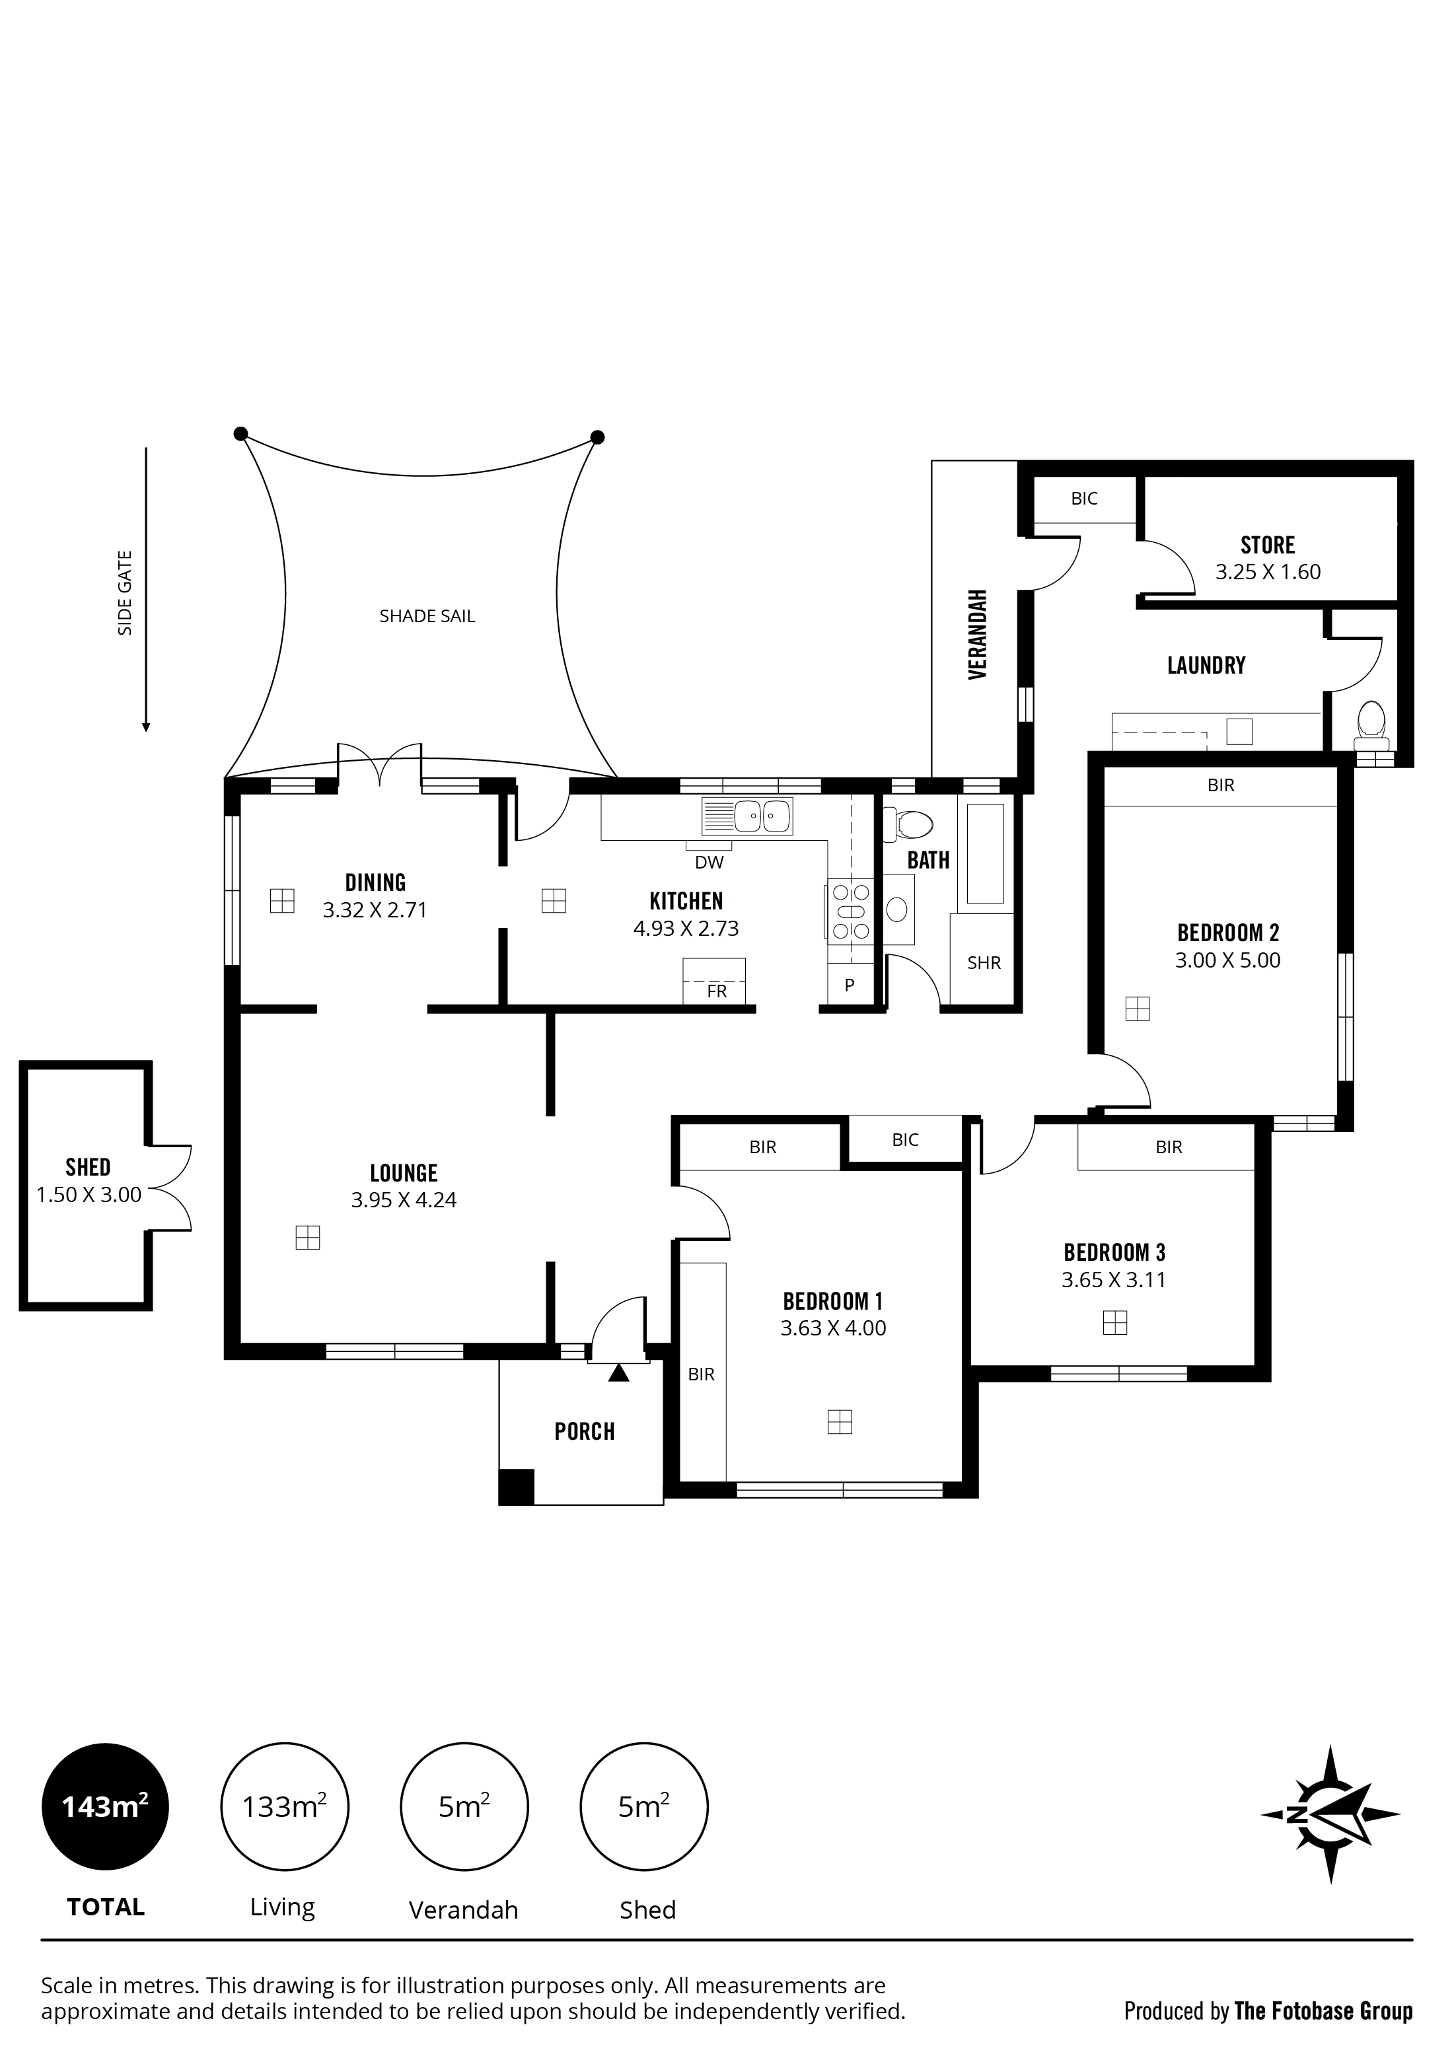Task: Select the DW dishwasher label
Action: [709, 863]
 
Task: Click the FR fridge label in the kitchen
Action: [717, 991]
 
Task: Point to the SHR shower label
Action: [984, 963]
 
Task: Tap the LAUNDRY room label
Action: [1206, 664]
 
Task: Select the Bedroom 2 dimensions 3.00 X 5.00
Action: [1227, 960]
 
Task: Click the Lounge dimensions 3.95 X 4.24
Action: [404, 1200]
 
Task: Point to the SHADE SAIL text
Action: [427, 616]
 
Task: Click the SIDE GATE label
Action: [126, 593]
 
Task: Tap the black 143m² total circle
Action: [105, 1807]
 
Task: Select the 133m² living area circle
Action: [284, 1807]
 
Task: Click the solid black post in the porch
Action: [517, 1487]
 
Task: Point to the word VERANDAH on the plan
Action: [978, 634]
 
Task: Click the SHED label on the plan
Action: [88, 1167]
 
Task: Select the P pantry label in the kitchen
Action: [850, 985]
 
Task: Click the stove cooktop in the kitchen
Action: [850, 911]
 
